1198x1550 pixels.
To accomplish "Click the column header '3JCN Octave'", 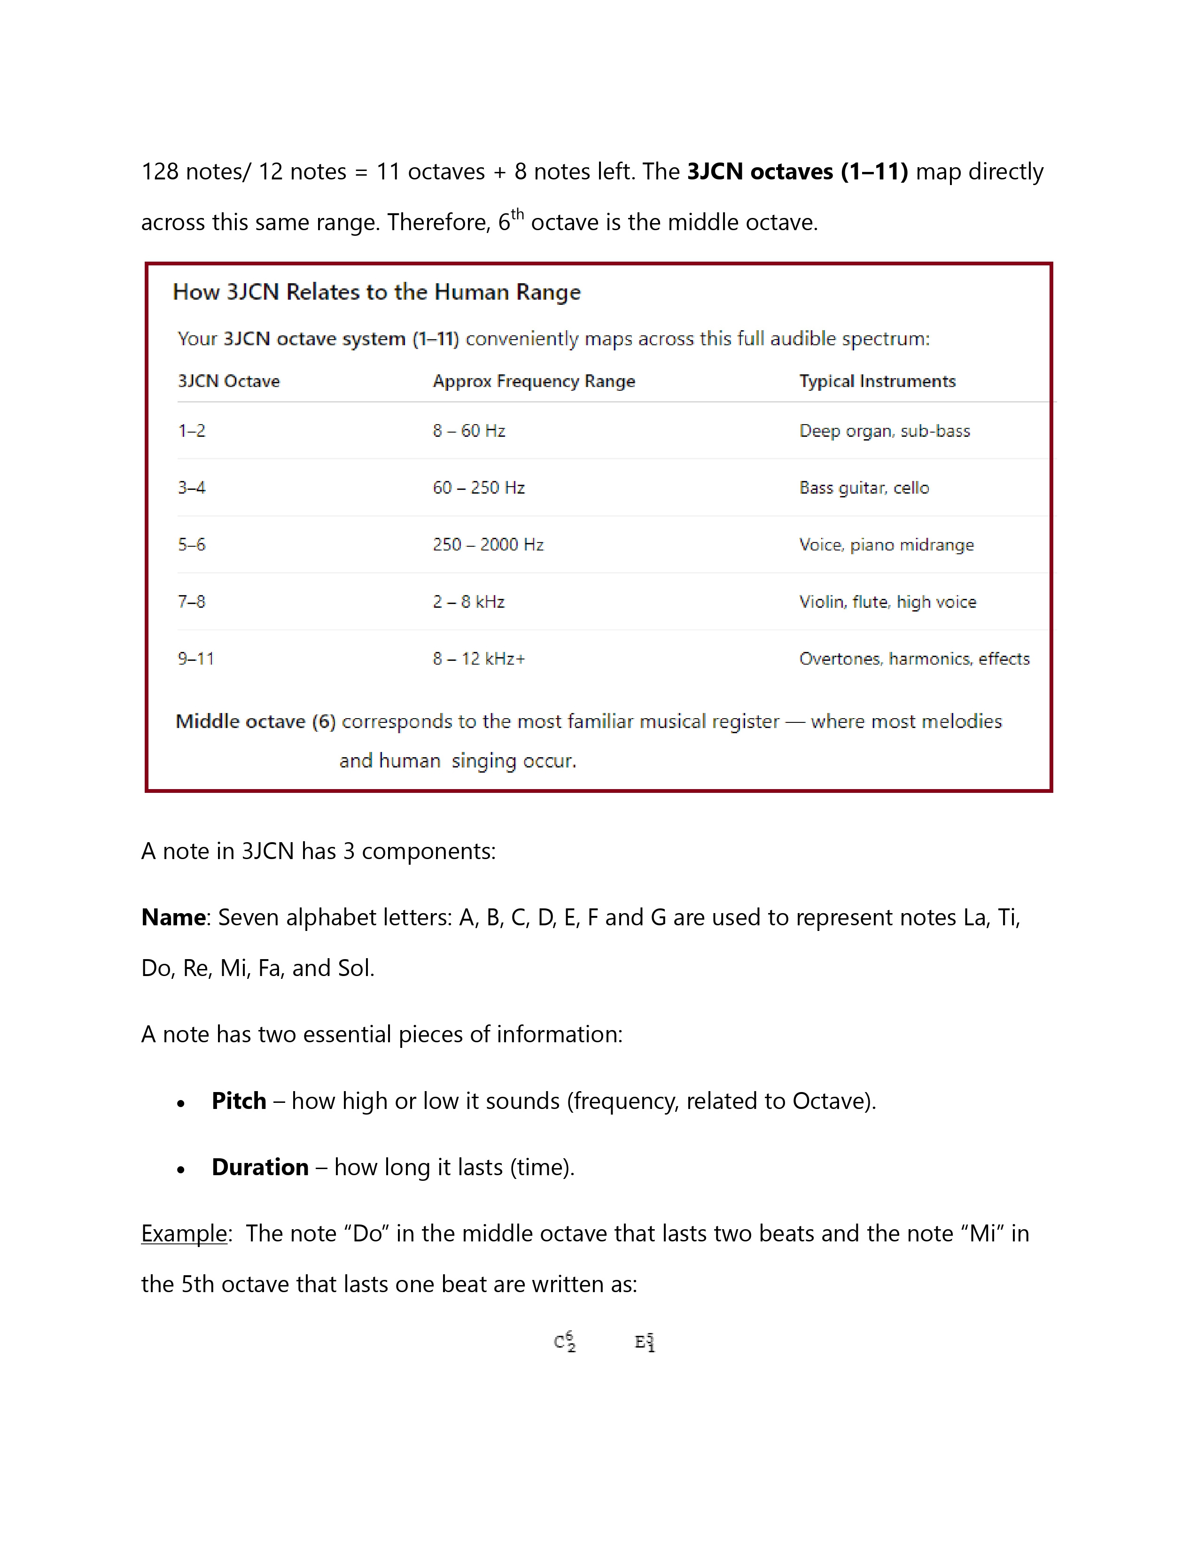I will (x=228, y=381).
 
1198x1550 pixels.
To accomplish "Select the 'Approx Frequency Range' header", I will (x=534, y=381).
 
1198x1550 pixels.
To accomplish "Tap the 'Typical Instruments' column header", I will (x=877, y=381).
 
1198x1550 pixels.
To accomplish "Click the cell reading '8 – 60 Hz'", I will (x=469, y=431).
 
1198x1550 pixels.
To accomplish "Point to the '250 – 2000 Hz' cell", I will (x=488, y=544).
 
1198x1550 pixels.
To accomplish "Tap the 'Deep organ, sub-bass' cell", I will (x=884, y=431).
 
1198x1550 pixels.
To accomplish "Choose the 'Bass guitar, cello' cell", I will (x=863, y=488).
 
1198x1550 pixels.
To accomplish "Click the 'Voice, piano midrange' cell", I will (x=887, y=544).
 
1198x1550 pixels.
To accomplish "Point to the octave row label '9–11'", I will (x=196, y=659).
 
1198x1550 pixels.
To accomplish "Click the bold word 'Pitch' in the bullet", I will (x=239, y=1101).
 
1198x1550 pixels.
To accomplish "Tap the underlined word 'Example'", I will (x=184, y=1233).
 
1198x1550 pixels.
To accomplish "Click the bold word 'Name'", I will (x=173, y=918).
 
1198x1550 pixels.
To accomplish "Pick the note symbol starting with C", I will (x=565, y=1342).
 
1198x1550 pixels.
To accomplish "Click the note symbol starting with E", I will (x=645, y=1342).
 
